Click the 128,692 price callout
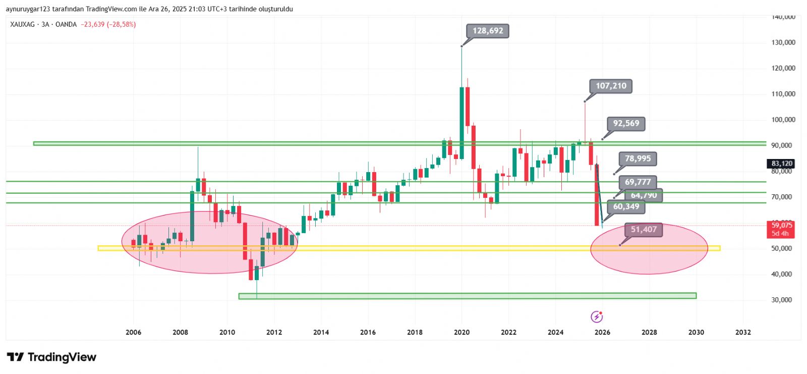point(488,31)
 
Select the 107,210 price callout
point(611,86)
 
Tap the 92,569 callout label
point(626,124)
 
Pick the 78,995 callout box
point(638,159)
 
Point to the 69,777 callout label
point(638,182)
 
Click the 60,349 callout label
point(626,206)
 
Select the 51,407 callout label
point(644,230)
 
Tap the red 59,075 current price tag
point(781,229)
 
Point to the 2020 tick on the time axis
point(462,332)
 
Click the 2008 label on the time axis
point(180,332)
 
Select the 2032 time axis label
point(743,332)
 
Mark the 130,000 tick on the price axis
point(783,42)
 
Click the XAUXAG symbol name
point(23,24)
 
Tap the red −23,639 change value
point(92,24)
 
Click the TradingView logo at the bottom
point(52,357)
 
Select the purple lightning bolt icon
point(597,317)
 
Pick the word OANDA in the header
point(66,24)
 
